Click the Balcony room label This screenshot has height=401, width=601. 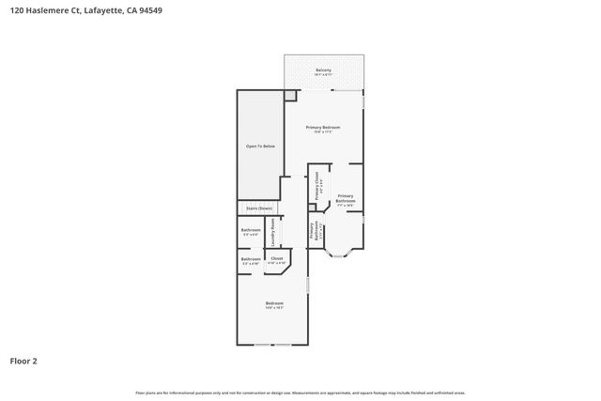(x=324, y=71)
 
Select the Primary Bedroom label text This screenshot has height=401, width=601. (x=323, y=129)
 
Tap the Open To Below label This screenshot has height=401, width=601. (x=260, y=147)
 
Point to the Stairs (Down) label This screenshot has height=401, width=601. (x=259, y=208)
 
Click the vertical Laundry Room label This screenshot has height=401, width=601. (x=273, y=232)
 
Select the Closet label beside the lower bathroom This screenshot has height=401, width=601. (x=276, y=259)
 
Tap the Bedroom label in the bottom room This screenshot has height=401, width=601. (x=274, y=304)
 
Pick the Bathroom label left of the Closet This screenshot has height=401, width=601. (x=251, y=260)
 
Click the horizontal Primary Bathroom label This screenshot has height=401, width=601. (x=346, y=198)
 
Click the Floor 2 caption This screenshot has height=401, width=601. (x=23, y=360)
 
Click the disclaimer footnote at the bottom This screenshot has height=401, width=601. (x=300, y=393)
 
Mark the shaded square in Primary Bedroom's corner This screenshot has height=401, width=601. (x=290, y=95)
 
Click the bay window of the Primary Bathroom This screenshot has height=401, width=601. (x=340, y=253)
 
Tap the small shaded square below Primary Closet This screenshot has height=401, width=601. (x=312, y=207)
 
